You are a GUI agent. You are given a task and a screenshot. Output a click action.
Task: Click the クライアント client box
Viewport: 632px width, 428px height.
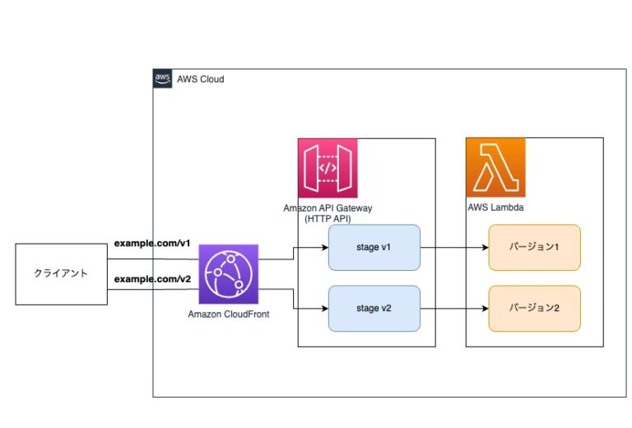click(x=61, y=274)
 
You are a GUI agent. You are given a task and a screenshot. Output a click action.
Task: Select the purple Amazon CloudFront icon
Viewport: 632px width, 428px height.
click(x=228, y=274)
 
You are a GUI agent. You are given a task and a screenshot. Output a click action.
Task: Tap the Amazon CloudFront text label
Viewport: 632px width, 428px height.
click(x=228, y=315)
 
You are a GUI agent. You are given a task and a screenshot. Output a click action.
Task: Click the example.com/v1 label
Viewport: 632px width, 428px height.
click(x=152, y=244)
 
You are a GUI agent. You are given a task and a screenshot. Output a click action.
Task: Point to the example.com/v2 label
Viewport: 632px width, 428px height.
click(x=152, y=280)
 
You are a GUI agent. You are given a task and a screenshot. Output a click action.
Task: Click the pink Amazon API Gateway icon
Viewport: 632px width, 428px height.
click(x=328, y=168)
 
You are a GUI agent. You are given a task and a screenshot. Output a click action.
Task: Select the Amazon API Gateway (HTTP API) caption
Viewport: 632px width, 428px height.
click(x=328, y=213)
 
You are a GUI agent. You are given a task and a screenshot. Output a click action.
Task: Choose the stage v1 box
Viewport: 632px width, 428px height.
click(x=374, y=248)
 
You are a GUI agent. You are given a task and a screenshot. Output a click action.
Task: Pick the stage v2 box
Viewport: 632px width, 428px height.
click(x=374, y=309)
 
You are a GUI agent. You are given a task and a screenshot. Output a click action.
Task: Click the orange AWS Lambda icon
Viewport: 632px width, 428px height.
click(x=495, y=168)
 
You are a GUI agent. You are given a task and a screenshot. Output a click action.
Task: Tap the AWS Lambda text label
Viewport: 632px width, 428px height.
click(x=495, y=208)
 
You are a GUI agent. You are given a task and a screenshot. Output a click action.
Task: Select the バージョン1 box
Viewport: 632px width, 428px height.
click(x=535, y=248)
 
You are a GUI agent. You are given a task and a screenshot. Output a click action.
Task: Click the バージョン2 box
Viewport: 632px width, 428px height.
click(x=535, y=309)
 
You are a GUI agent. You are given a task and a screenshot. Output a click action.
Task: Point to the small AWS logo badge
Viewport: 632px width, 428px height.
click(x=162, y=78)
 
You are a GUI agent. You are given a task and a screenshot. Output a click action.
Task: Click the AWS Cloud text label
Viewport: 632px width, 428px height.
click(x=200, y=79)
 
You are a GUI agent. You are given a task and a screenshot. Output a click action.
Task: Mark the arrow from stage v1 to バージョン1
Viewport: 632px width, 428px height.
click(x=454, y=248)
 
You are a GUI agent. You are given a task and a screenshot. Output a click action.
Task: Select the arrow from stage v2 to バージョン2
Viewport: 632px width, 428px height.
click(x=454, y=309)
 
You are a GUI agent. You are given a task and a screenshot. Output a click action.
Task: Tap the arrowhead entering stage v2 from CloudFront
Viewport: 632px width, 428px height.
click(x=324, y=309)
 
